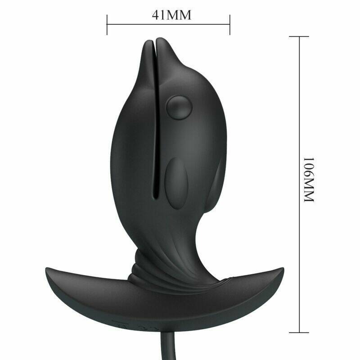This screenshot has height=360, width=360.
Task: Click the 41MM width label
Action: [171, 15]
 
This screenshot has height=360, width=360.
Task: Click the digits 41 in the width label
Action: [159, 15]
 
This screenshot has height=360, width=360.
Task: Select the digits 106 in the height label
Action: [309, 169]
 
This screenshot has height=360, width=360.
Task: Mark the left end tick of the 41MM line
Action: [107, 24]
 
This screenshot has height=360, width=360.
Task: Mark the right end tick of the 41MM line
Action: [230, 24]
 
